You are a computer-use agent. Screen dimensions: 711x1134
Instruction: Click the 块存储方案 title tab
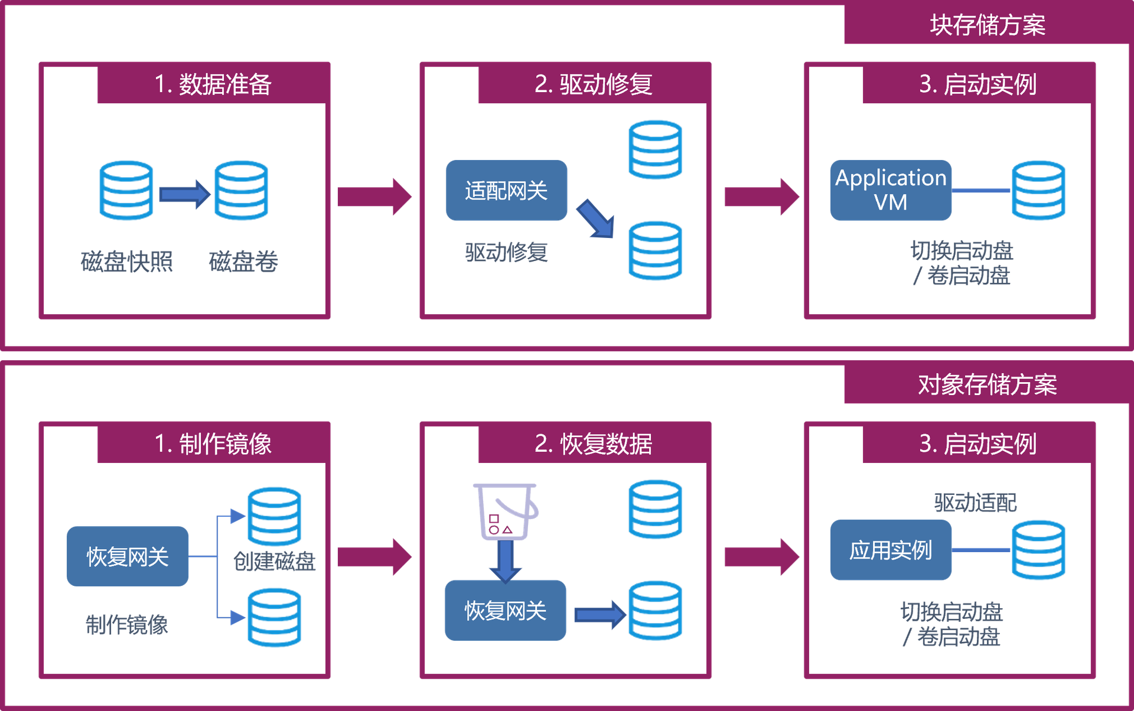click(x=987, y=25)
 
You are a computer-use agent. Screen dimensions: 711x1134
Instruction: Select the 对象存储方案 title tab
click(x=987, y=385)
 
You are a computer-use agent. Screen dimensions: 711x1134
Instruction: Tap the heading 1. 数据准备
click(x=213, y=84)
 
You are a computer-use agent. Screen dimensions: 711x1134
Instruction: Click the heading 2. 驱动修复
click(x=593, y=84)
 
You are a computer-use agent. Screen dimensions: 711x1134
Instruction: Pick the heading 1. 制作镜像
click(x=213, y=444)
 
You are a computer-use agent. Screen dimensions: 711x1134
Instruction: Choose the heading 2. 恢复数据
click(x=593, y=444)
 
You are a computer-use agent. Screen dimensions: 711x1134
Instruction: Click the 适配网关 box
click(x=506, y=191)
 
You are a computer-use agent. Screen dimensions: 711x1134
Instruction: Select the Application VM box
click(x=891, y=190)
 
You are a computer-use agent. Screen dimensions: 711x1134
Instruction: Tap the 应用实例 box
click(x=891, y=550)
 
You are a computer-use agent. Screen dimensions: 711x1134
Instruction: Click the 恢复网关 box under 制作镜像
click(x=128, y=556)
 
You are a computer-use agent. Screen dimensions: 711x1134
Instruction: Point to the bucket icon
click(x=506, y=511)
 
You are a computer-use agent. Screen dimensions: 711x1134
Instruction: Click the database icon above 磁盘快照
click(x=126, y=190)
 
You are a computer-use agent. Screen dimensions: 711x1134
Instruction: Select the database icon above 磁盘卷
click(x=241, y=190)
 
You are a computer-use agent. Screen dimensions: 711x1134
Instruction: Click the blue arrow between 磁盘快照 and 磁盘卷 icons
click(x=184, y=194)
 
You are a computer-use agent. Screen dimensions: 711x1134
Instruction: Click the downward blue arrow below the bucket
click(x=506, y=561)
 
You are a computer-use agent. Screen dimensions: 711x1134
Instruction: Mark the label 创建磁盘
click(x=275, y=562)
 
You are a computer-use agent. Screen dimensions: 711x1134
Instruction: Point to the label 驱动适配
click(x=975, y=503)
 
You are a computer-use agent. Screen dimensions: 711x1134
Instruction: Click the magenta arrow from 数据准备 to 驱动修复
click(x=374, y=196)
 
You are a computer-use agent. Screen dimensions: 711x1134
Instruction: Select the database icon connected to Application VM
click(x=1038, y=190)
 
